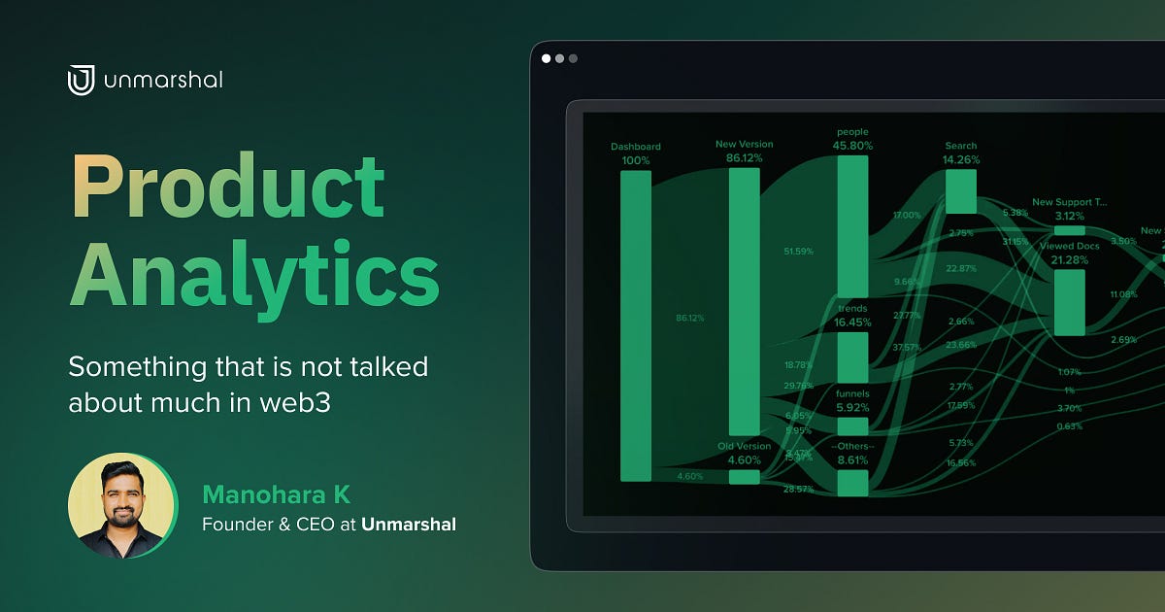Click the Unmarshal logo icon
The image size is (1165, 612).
[x=81, y=80]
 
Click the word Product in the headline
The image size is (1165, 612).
[x=228, y=188]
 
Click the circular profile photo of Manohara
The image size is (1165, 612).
[x=122, y=506]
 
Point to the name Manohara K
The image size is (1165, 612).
[x=276, y=495]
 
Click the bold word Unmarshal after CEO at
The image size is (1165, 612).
[x=409, y=525]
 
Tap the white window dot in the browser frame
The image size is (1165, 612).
[x=547, y=58]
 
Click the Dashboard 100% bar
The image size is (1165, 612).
[x=636, y=325]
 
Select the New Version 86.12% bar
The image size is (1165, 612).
[x=745, y=301]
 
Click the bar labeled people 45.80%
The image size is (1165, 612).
[x=852, y=226]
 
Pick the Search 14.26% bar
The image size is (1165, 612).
[x=961, y=191]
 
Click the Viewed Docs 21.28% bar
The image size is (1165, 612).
[x=1069, y=302]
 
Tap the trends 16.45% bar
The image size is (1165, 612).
[x=852, y=357]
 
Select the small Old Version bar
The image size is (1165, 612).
[x=745, y=477]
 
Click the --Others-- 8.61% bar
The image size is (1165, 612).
[x=852, y=483]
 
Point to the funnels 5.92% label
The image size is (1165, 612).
[x=852, y=401]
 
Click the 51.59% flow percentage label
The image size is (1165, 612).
[x=798, y=252]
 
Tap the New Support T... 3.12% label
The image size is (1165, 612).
[x=1069, y=209]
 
